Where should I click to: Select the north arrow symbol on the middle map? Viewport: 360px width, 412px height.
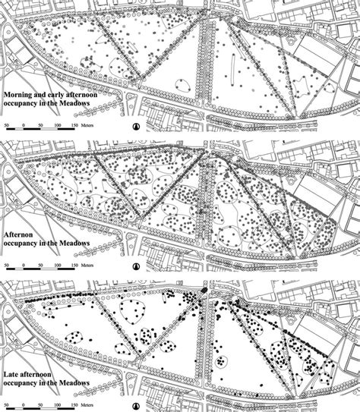click(x=137, y=266)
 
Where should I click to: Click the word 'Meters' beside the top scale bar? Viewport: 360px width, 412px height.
click(x=93, y=123)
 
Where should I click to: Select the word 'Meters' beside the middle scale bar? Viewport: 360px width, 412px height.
click(x=93, y=266)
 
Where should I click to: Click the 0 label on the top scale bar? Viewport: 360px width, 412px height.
click(x=24, y=123)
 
